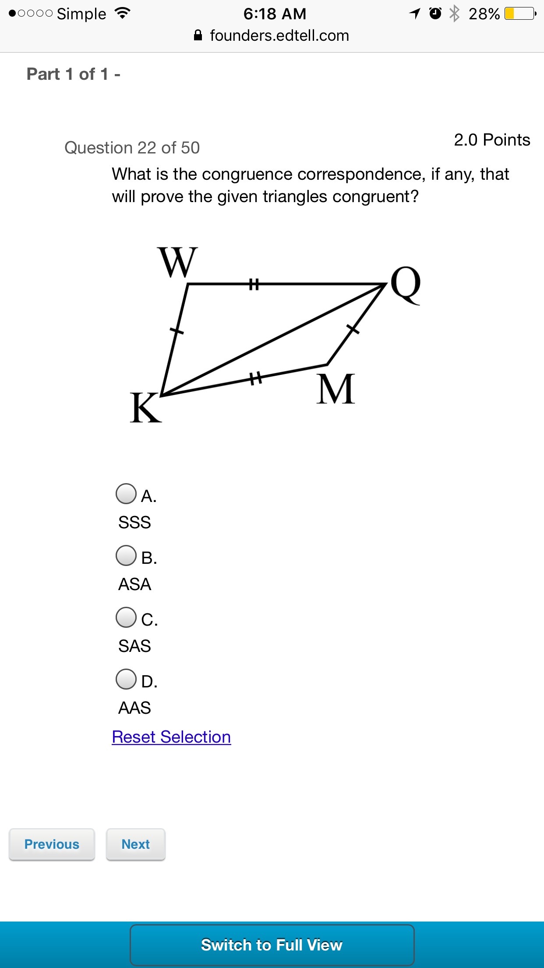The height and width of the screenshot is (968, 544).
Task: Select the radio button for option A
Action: [126, 494]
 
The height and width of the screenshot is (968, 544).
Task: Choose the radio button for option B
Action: [126, 555]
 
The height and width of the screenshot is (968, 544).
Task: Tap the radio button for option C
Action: [126, 617]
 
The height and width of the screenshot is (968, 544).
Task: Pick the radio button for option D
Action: [126, 679]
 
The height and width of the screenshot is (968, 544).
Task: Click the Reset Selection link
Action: [171, 737]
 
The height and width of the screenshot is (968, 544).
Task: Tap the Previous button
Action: [52, 844]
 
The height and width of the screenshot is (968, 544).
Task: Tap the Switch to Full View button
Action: [272, 945]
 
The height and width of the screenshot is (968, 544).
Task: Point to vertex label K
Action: [146, 407]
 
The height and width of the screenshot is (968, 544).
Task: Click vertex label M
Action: [336, 389]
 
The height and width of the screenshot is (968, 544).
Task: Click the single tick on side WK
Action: [176, 331]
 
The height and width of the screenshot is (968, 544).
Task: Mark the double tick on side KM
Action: [256, 378]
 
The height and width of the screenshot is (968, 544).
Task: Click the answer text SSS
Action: [134, 523]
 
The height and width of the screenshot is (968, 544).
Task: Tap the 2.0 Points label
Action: [492, 140]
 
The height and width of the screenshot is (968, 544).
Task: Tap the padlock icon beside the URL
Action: [198, 35]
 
